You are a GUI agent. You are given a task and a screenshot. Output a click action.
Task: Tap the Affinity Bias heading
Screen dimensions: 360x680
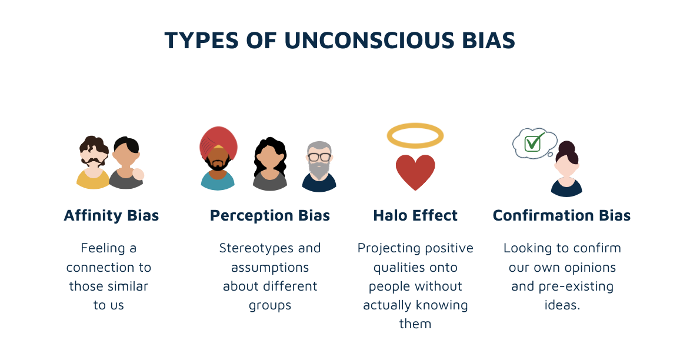[x=111, y=215]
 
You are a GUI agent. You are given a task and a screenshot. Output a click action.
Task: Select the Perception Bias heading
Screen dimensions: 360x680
[x=270, y=215]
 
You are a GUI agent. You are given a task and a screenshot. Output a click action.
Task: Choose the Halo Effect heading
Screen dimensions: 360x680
[x=415, y=215]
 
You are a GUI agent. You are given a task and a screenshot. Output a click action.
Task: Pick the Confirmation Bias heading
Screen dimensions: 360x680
[x=562, y=215]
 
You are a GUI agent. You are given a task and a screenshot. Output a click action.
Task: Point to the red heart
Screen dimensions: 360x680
[x=415, y=170]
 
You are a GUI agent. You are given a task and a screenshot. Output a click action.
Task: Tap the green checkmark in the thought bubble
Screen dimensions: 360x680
[x=533, y=142]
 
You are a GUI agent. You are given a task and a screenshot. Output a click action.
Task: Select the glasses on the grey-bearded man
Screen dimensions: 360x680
[x=319, y=157]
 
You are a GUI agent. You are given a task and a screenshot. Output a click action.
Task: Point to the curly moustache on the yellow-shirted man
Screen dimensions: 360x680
[x=93, y=161]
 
